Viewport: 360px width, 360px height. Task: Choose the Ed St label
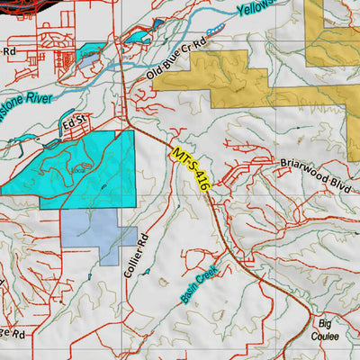pos(72,120)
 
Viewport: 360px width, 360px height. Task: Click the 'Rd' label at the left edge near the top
pos(9,52)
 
